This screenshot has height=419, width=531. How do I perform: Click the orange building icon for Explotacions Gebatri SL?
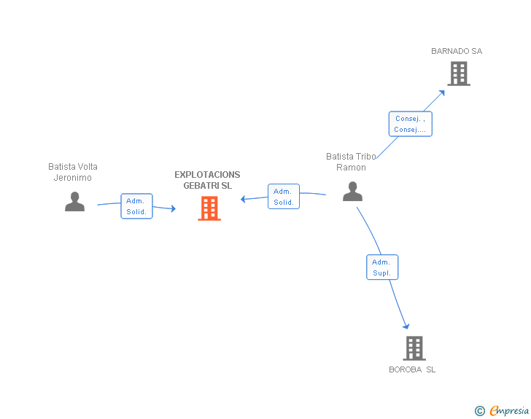coord(209,208)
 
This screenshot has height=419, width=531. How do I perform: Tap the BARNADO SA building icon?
coord(458,74)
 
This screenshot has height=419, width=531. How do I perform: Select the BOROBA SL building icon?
coord(414,348)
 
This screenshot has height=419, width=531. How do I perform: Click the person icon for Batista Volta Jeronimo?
coord(74,202)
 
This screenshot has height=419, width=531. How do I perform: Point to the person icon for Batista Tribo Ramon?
coord(352,192)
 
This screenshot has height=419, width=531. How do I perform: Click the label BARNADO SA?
coord(457,52)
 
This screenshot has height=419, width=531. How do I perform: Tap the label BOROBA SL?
coord(412,369)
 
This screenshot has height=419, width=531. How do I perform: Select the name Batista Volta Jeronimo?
coord(73,172)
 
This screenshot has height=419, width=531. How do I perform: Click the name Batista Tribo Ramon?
coord(351,162)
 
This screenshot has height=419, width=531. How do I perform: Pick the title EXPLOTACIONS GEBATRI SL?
coord(207,180)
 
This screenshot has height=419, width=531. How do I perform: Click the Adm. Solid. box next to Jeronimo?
coord(136,206)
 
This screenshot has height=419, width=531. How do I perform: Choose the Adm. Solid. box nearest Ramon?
coord(284,197)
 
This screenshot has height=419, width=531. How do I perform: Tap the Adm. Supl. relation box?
coord(381,267)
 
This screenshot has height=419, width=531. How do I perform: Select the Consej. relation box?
coord(410,124)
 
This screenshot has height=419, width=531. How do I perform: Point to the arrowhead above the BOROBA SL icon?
coord(406,326)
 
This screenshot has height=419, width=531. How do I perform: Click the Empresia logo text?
coord(509,410)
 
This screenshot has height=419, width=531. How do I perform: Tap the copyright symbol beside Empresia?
coord(479,411)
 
